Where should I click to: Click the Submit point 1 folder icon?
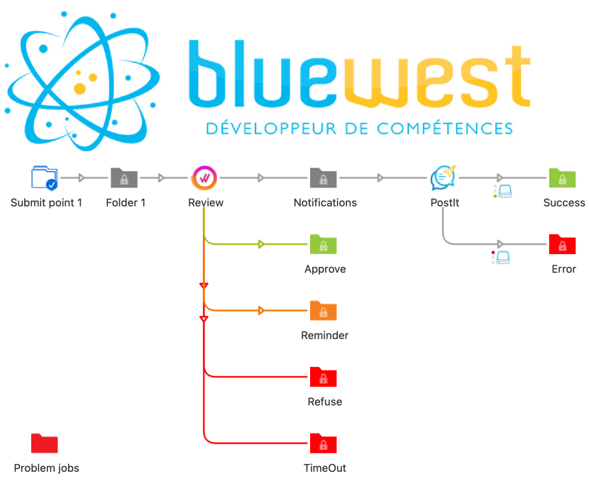44,177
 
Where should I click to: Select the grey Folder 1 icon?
124,177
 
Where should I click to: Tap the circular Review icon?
204,177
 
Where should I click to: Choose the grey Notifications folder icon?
323,177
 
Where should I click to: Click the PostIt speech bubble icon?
444,177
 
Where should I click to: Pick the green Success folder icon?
562,177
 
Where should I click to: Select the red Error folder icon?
562,244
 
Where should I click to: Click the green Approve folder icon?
323,244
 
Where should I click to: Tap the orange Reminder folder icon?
323,311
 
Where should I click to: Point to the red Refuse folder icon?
323,377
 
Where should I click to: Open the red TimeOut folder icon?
323,443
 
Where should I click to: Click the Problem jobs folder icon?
44,443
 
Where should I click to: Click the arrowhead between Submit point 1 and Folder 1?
82,177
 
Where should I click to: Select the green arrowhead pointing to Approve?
261,244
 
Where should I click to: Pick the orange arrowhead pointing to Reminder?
261,311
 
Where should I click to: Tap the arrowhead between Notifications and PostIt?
380,177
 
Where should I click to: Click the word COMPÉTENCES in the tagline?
445,128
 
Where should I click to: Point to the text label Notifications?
325,203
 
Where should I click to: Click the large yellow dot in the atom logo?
79,89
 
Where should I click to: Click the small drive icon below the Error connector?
503,258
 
